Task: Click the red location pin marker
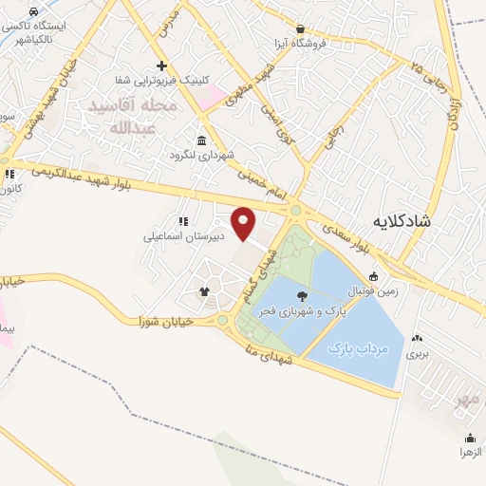pyautogui.click(x=244, y=224)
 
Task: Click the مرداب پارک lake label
pyautogui.click(x=359, y=349)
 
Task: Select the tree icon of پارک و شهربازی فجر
pyautogui.click(x=302, y=296)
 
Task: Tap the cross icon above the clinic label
pyautogui.click(x=162, y=66)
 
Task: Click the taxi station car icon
pyautogui.click(x=34, y=12)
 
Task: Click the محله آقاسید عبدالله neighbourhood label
pyautogui.click(x=134, y=117)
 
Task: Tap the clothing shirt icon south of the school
pyautogui.click(x=203, y=291)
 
